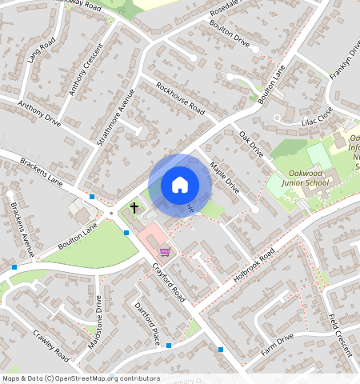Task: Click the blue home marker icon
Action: point(180,185)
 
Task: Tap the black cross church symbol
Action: point(134,208)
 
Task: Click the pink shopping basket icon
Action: point(165,251)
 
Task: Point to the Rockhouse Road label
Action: point(180,98)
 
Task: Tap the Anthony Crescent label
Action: point(83,74)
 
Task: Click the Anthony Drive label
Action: point(39,114)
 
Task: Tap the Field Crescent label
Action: point(340,334)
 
